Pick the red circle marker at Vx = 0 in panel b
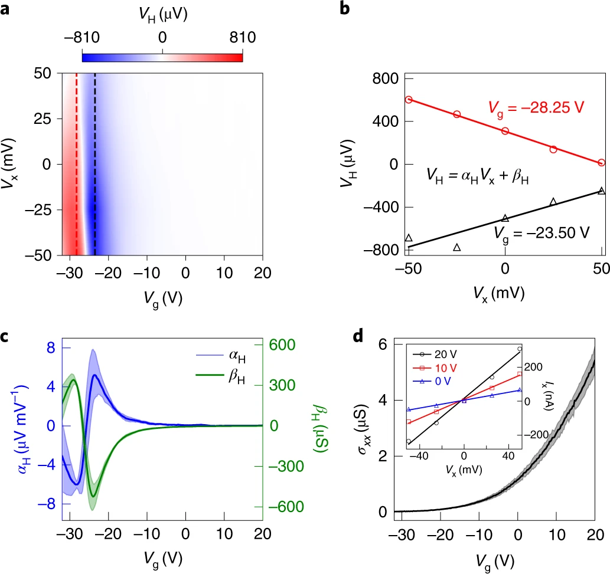505,130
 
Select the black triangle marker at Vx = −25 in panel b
456,247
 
